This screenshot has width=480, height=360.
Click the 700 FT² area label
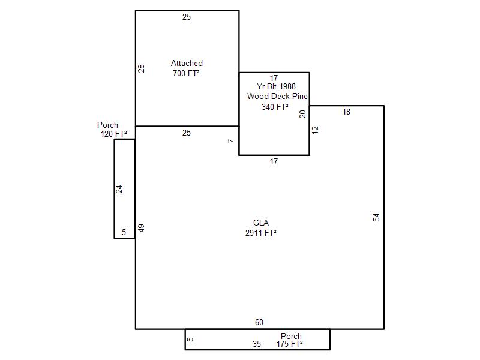coord(186,73)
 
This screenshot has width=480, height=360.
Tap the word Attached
coord(187,63)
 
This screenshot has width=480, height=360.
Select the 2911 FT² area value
coord(261,233)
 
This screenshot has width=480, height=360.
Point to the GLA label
coord(261,223)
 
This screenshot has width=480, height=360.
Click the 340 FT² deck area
coord(275,107)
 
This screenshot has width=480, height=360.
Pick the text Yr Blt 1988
coord(276,86)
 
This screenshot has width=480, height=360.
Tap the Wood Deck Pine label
coord(277,96)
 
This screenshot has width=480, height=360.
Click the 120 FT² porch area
coord(113,134)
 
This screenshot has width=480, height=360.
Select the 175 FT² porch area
coord(290,344)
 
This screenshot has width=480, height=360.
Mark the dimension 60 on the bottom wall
coord(259,322)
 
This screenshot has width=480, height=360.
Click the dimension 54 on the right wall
coord(376,217)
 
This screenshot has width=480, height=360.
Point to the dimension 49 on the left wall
coord(141,228)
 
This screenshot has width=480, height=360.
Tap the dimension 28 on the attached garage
coord(141,68)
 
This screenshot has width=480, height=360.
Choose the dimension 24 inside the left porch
coord(119,189)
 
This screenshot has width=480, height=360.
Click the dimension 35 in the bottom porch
coord(257,344)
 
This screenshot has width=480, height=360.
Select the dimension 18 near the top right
coord(346,112)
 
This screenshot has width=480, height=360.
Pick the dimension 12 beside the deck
coord(315,130)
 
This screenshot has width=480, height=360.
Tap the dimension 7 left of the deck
coord(232,141)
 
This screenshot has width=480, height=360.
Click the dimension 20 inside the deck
coord(302,114)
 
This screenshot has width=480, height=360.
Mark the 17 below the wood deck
coord(274,161)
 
